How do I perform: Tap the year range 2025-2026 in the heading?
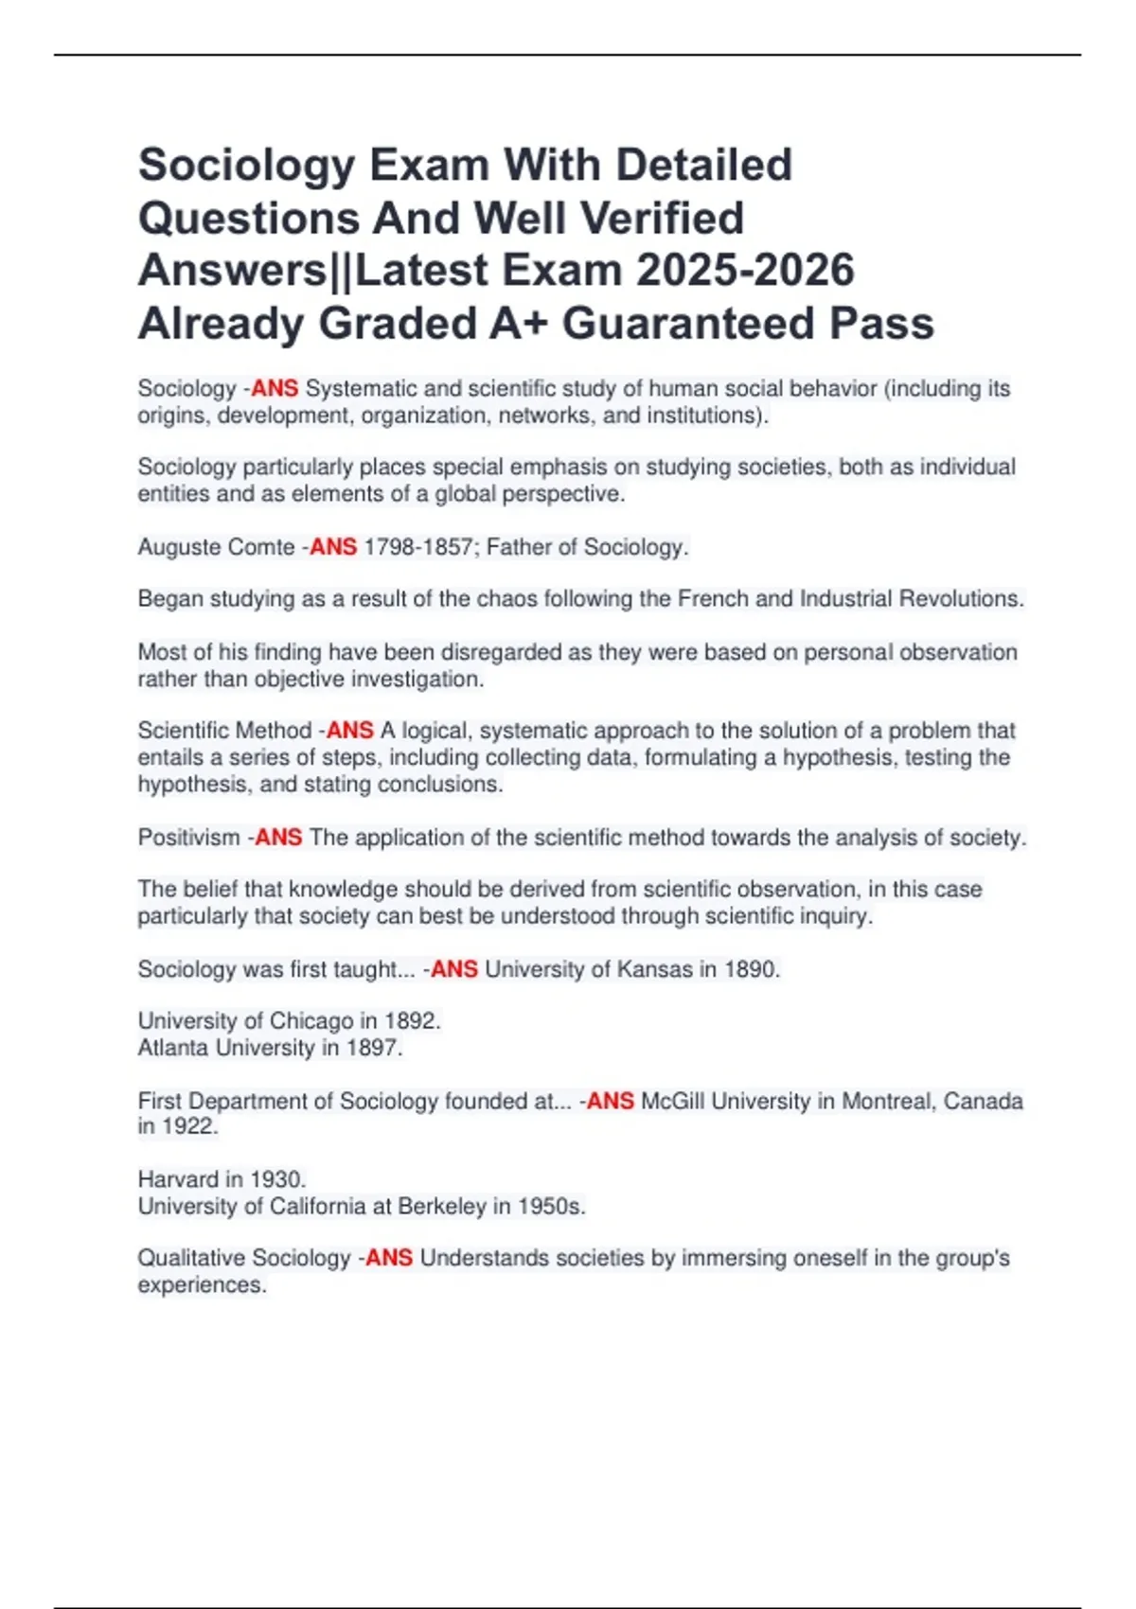(745, 271)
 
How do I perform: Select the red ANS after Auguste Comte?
(333, 547)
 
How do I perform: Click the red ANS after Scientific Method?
(350, 731)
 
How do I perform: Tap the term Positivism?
(188, 838)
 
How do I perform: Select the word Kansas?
(654, 969)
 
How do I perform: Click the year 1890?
(751, 969)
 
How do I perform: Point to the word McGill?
(672, 1101)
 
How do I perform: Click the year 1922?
(188, 1126)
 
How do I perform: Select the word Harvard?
(178, 1179)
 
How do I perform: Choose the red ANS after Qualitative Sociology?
(389, 1258)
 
